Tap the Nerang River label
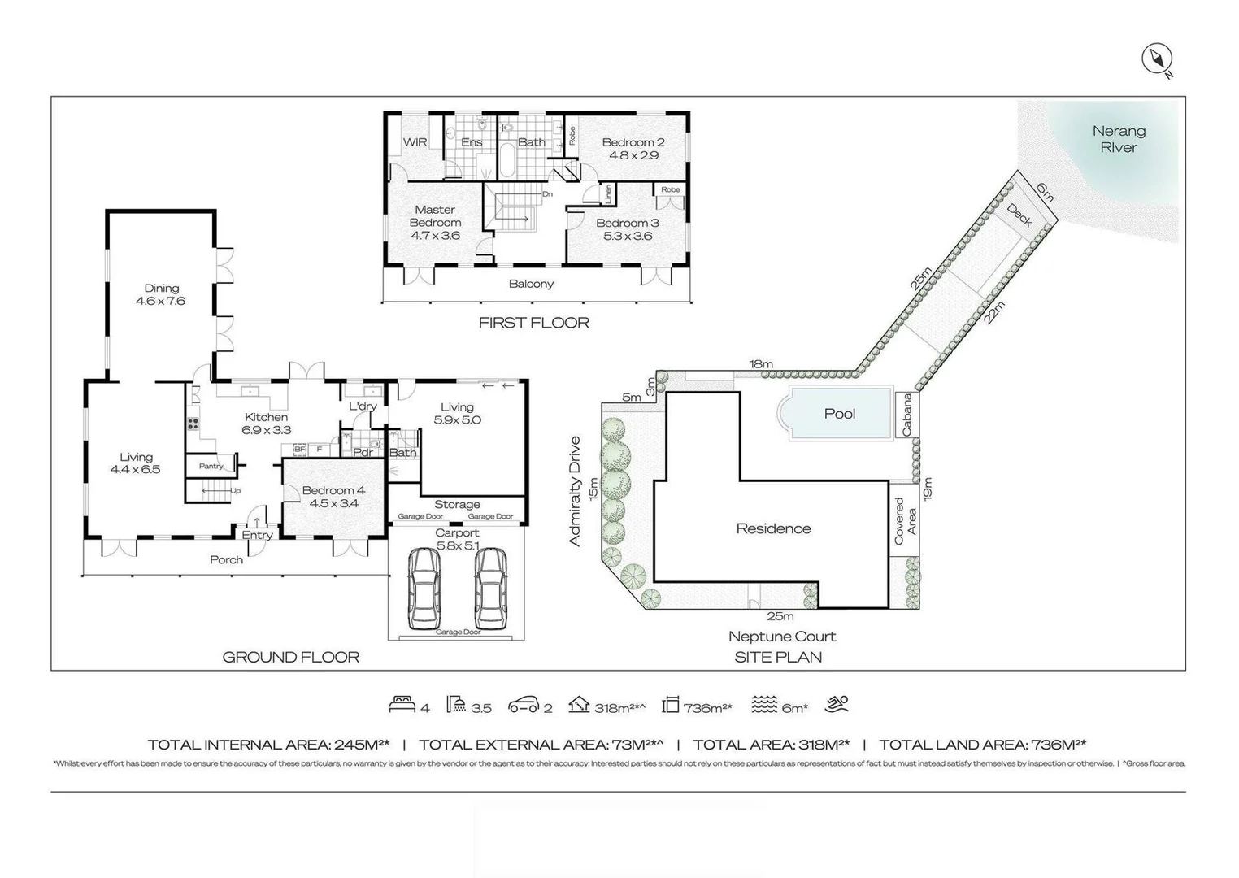[x=1119, y=139]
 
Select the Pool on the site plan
[x=838, y=413]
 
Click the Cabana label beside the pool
[x=906, y=415]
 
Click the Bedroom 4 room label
[x=333, y=497]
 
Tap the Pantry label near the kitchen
[x=211, y=466]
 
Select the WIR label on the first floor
[x=415, y=142]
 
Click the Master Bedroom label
[x=435, y=222]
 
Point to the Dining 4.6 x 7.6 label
[x=161, y=294]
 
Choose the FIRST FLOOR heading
[x=533, y=323]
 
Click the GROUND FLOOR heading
[x=290, y=657]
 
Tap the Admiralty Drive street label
[x=575, y=491]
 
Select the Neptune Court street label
[x=781, y=637]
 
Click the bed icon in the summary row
[x=402, y=705]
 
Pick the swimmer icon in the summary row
[x=837, y=705]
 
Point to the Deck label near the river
[x=1019, y=215]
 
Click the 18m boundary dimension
[x=761, y=364]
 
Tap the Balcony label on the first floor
[x=531, y=284]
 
